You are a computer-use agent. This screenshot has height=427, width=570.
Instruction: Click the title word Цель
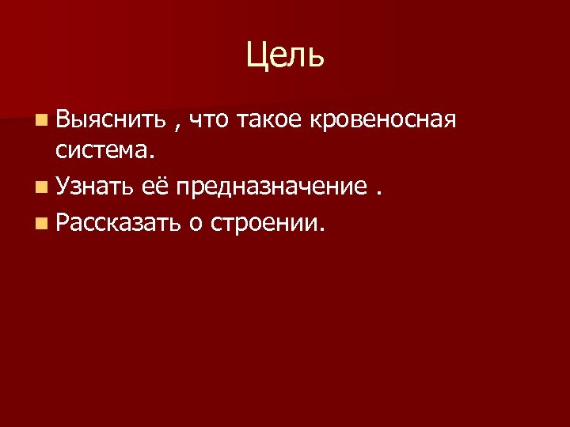[284, 56]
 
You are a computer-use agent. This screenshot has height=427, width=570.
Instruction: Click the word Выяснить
[110, 120]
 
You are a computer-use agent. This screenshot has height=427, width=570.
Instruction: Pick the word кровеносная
[384, 121]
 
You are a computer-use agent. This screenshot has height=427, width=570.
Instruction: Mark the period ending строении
[321, 230]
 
